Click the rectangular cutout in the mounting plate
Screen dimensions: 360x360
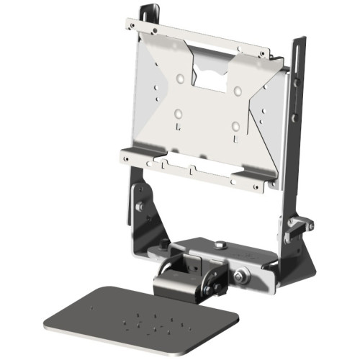pos(210,76)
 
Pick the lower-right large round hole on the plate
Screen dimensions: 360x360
pos(235,126)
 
